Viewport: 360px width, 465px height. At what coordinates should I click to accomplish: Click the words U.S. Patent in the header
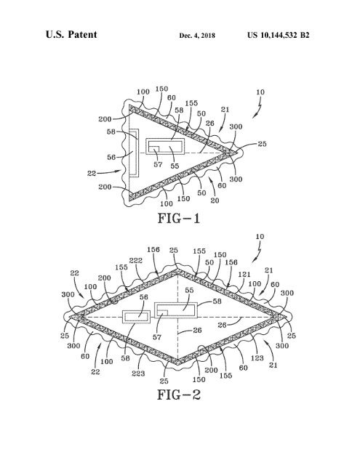click(71, 34)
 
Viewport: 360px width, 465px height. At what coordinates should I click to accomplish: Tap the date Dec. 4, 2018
click(197, 36)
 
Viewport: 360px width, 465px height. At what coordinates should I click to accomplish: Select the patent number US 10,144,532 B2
click(278, 36)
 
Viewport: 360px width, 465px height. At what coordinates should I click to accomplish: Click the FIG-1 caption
click(179, 218)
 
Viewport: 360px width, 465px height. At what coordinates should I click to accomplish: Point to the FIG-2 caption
click(179, 395)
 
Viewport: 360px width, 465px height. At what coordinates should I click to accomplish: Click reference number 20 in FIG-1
click(215, 201)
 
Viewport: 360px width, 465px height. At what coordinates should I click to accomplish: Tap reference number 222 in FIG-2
click(135, 260)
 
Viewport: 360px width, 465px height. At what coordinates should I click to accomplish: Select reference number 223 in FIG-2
click(138, 373)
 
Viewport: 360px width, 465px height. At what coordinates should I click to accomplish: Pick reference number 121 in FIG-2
click(244, 275)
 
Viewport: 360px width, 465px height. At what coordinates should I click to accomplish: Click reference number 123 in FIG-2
click(257, 358)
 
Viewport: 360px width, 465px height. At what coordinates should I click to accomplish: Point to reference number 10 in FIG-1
click(260, 92)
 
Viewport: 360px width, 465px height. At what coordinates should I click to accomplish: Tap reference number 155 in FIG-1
click(191, 103)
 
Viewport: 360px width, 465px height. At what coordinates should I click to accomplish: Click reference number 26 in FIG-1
click(210, 123)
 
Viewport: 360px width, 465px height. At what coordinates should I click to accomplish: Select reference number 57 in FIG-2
click(157, 337)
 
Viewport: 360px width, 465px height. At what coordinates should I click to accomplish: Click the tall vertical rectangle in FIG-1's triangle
click(134, 153)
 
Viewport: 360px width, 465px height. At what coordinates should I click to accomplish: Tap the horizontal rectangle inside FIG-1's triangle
click(165, 146)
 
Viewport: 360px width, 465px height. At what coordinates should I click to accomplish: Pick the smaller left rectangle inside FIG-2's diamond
click(137, 317)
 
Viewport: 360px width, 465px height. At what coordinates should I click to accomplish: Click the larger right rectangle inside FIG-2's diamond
click(176, 310)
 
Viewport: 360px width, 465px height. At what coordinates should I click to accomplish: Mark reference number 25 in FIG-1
click(262, 144)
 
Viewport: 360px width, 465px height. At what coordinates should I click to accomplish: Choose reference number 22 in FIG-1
click(92, 173)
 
